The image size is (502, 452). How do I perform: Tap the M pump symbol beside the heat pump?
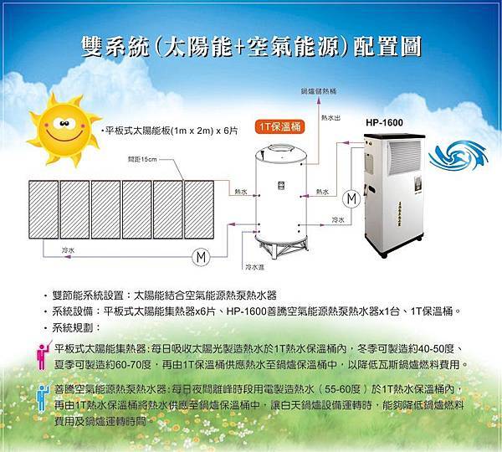(351, 198)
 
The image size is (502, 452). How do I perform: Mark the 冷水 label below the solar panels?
(68, 249)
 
